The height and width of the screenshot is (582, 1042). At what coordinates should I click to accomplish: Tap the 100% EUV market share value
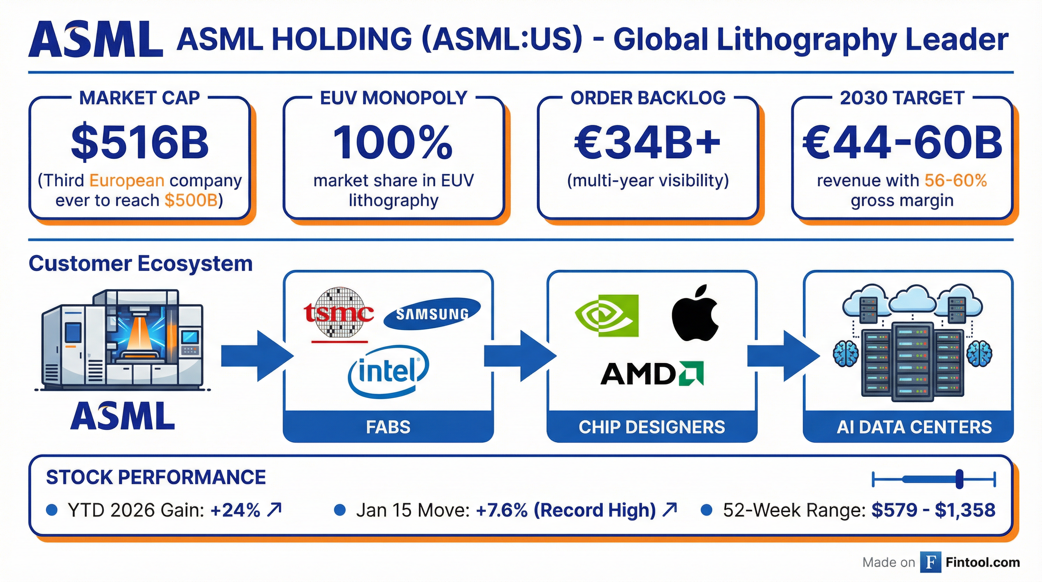393,142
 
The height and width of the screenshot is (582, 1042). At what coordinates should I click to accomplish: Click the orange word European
126,180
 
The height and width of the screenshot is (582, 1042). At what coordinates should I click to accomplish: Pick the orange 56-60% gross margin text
955,180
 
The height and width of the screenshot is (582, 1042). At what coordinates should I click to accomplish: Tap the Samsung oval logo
432,314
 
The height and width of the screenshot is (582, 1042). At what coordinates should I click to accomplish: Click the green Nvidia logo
606,316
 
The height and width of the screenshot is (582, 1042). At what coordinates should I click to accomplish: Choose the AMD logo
652,373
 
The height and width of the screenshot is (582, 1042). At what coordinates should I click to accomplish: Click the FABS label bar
388,427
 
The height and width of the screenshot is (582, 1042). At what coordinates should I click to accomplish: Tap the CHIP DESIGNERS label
652,427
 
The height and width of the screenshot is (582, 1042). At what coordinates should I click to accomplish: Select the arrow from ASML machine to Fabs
256,356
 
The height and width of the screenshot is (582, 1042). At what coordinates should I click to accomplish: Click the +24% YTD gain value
236,510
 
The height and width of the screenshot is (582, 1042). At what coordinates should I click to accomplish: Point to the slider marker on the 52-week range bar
959,480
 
